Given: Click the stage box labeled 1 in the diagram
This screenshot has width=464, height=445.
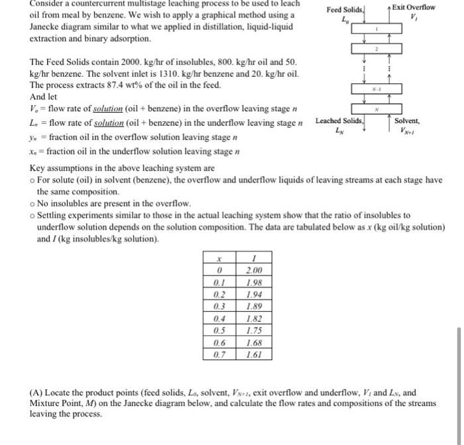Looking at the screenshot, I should pyautogui.click(x=376, y=30).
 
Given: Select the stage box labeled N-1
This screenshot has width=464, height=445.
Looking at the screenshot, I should pyautogui.click(x=376, y=88).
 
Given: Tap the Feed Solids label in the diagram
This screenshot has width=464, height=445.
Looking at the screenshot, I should pyautogui.click(x=345, y=11).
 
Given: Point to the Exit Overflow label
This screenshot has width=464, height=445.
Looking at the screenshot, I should pyautogui.click(x=414, y=7).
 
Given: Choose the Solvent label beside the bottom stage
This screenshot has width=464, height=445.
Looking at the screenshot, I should pyautogui.click(x=406, y=121).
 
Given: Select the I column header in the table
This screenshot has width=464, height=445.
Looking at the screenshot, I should pyautogui.click(x=254, y=258).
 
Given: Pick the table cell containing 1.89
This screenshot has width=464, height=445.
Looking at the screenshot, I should pyautogui.click(x=254, y=307).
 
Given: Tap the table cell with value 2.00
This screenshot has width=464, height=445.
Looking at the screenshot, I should pyautogui.click(x=254, y=270).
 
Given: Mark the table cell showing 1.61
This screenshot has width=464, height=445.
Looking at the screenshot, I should pyautogui.click(x=254, y=355).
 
